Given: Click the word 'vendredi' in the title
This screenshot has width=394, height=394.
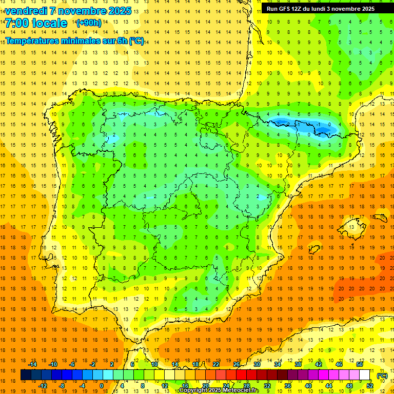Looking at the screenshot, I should point(26,11).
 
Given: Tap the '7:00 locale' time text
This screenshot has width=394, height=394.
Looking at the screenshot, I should point(36,23).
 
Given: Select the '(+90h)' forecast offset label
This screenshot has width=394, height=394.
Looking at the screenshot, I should point(89,23).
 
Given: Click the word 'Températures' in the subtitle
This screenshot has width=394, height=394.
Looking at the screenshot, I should point(33,41).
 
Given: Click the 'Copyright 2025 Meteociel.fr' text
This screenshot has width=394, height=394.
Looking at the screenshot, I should point(219,390).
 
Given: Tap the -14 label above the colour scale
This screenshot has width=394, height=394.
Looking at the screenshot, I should point(32,364).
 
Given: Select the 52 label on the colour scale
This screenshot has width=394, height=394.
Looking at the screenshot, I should point(370,386).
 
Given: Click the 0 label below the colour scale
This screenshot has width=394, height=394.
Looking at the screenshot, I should point(102,386).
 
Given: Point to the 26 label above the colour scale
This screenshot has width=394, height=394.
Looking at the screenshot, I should point(237,364).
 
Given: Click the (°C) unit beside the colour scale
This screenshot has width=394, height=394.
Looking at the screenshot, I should point(382,376).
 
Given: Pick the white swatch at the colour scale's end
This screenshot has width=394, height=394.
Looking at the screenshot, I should point(364,375).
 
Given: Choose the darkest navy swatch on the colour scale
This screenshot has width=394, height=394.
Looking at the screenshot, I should point(26,375).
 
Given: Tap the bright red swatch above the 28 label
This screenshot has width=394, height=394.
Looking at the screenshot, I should point(247,375).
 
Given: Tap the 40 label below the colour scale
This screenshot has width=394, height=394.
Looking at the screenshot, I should point(308,386).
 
